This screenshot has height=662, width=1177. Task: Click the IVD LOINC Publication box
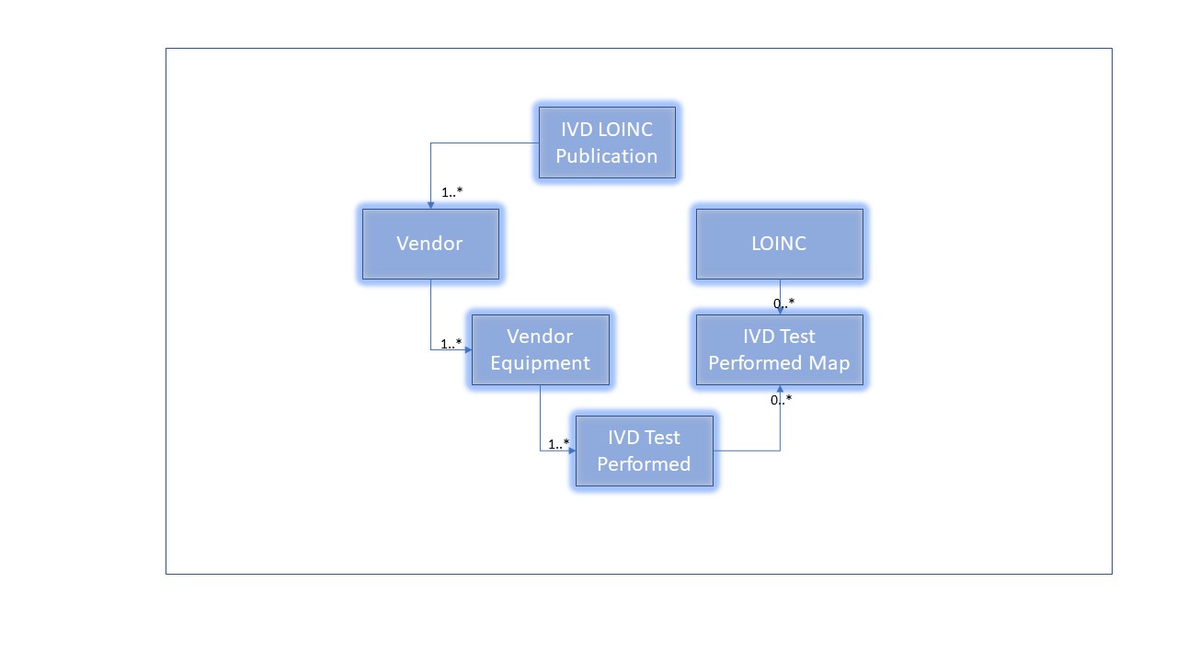[x=607, y=143]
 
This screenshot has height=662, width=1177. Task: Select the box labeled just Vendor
[x=430, y=244]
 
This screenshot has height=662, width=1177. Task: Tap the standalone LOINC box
[x=779, y=244]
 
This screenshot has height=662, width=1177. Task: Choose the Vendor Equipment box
[x=540, y=349]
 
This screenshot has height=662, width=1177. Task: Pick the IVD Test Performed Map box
[x=779, y=349]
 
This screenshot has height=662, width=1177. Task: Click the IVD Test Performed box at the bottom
[x=644, y=451]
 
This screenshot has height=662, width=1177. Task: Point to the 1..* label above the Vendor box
[x=451, y=192]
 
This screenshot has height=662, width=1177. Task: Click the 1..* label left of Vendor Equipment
[x=451, y=344]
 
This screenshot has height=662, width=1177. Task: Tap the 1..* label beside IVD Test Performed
[x=558, y=444]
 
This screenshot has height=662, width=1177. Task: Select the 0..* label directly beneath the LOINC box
[x=783, y=302]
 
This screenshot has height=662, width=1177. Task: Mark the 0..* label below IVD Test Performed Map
[x=781, y=399]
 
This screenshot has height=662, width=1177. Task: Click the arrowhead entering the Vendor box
[x=430, y=205]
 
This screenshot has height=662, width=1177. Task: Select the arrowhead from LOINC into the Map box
[x=780, y=311]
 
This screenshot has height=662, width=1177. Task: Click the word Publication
[x=607, y=155]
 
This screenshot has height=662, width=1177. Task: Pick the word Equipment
[x=540, y=362]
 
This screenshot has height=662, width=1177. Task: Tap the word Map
[x=828, y=362]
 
